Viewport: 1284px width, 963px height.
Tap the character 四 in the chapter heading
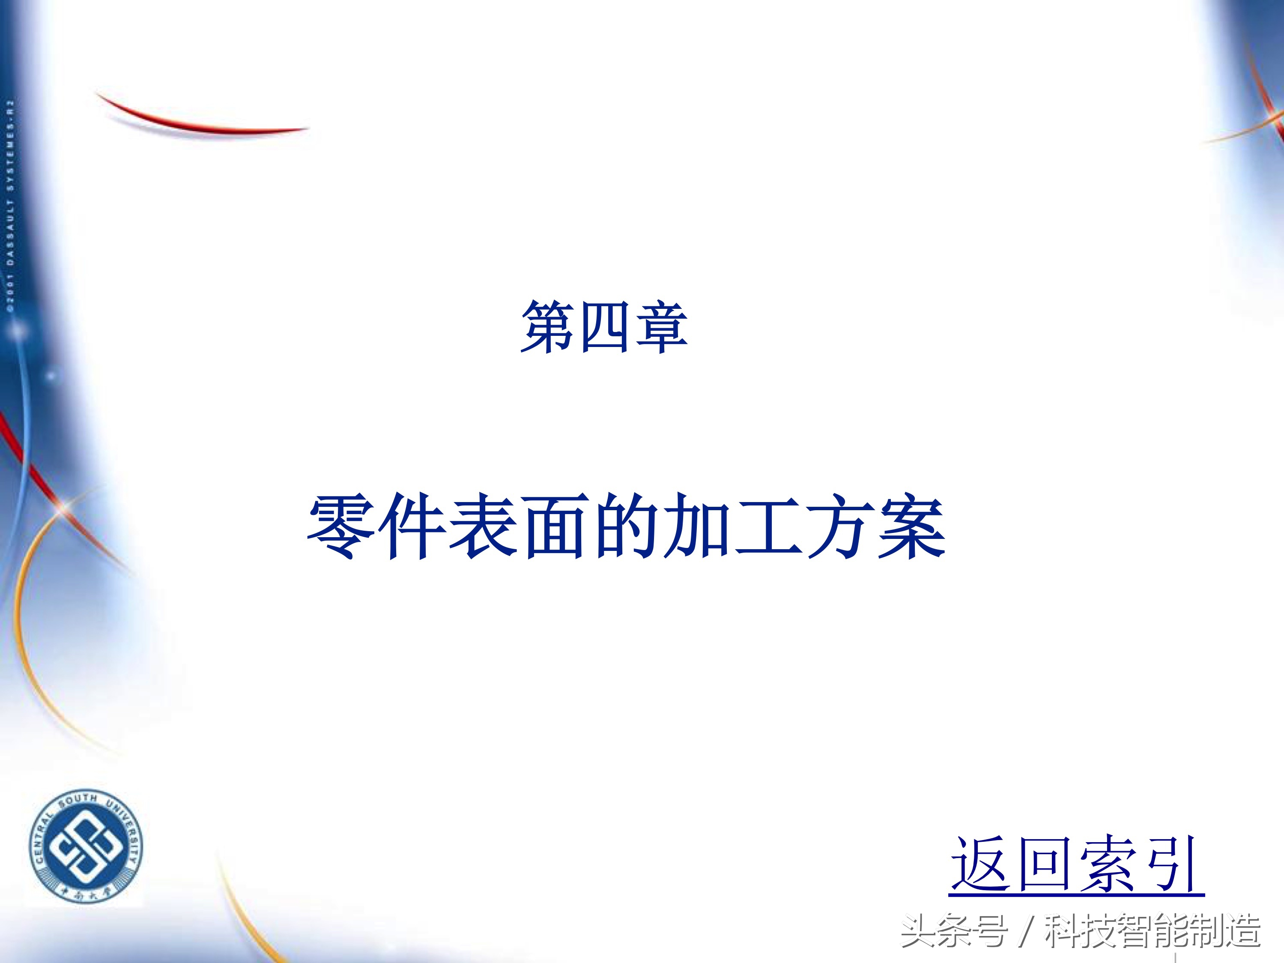[604, 327]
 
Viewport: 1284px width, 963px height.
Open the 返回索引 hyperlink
[1077, 865]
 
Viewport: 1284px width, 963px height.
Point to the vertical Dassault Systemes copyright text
[10, 206]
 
